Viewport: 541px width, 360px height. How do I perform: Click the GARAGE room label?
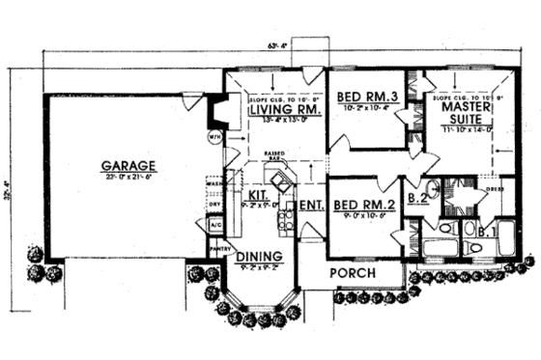[x=122, y=165]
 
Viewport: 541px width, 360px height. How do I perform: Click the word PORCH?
[x=352, y=272]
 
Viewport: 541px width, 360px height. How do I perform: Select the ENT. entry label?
[x=310, y=205]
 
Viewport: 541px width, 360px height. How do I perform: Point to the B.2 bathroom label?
[x=417, y=200]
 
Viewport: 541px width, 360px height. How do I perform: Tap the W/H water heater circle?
[x=214, y=137]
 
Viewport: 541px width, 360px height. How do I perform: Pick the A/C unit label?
[x=214, y=225]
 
